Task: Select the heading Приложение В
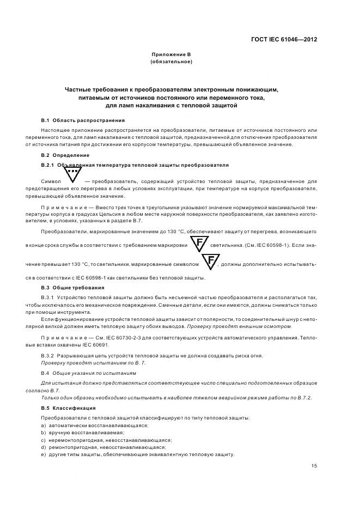(171, 55)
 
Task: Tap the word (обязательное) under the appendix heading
(171, 62)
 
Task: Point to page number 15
(314, 465)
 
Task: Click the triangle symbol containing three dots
(72, 175)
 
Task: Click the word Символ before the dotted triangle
(50, 180)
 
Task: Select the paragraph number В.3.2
(50, 356)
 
